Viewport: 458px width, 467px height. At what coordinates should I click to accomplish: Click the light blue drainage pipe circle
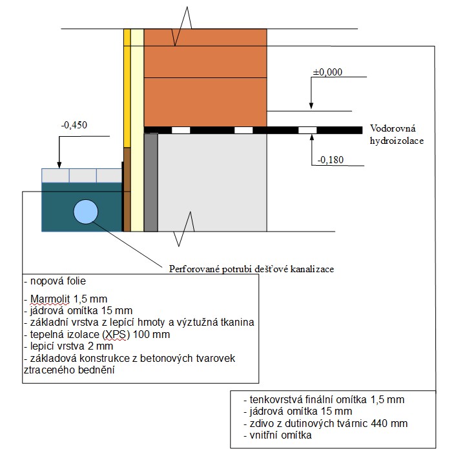click(85, 212)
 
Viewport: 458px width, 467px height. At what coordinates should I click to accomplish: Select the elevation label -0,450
click(73, 124)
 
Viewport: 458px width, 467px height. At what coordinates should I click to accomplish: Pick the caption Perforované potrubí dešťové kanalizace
click(251, 268)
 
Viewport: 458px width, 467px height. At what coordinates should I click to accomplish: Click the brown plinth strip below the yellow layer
click(127, 187)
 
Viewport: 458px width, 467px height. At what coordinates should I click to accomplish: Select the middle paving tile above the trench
click(83, 175)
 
